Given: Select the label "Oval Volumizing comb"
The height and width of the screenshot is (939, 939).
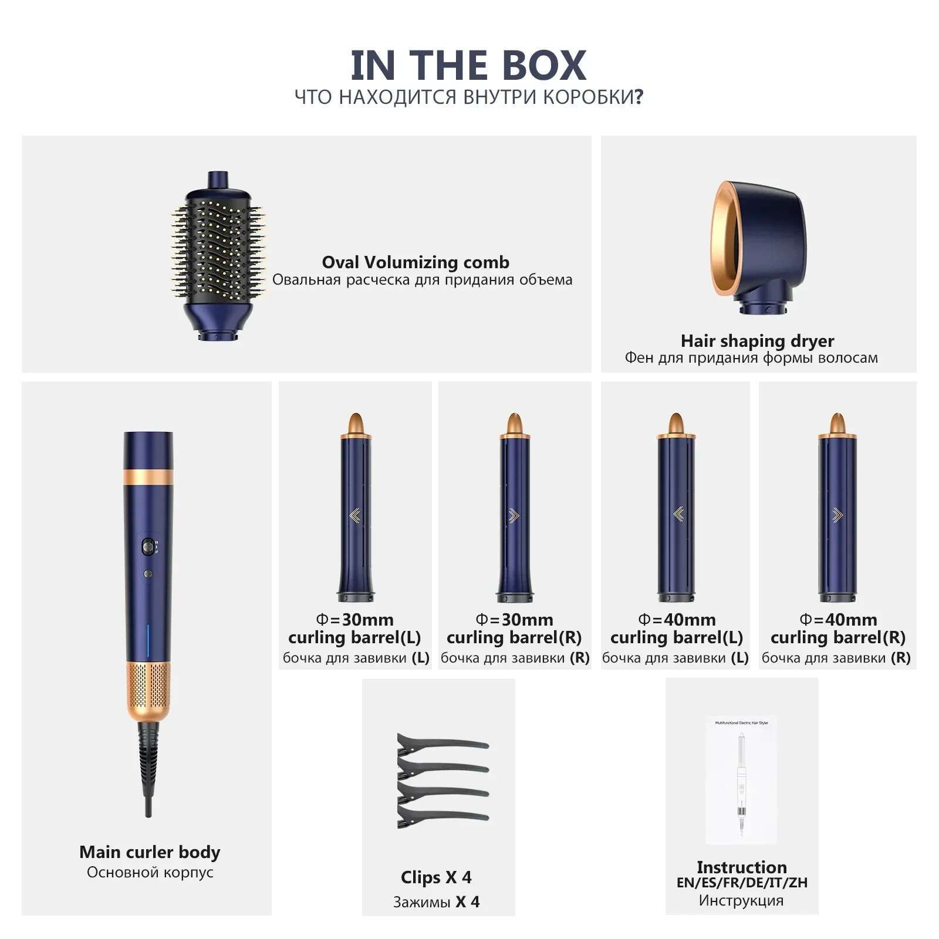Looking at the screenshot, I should click(416, 262).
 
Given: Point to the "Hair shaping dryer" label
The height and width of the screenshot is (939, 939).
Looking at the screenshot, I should click(757, 340).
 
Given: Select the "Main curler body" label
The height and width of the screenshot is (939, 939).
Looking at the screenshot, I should click(150, 852).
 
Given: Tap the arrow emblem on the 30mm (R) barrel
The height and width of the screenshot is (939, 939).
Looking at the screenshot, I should click(514, 515).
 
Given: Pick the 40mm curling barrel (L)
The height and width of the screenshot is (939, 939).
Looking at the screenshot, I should click(676, 511).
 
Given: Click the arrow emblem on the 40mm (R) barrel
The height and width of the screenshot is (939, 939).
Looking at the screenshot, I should click(837, 515).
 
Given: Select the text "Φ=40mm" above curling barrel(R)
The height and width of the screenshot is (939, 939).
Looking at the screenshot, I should click(838, 619).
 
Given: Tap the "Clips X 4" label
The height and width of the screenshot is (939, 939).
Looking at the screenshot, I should click(436, 877).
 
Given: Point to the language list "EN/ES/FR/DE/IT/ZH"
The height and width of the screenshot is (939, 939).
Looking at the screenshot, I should click(742, 882).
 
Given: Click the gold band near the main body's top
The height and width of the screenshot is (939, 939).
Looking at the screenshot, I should click(148, 476).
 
